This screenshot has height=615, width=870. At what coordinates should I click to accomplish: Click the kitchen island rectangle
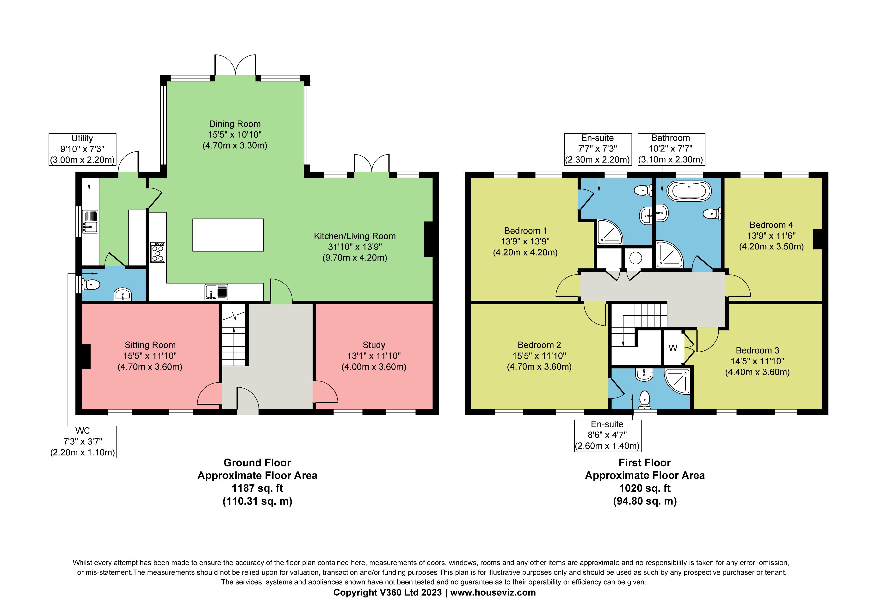coord(228,235)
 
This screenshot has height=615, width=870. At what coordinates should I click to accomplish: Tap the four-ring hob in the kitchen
coord(158,252)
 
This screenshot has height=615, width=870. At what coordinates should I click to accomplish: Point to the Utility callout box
coord(82,149)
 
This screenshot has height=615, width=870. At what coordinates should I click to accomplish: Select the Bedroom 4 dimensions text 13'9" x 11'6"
coord(771,236)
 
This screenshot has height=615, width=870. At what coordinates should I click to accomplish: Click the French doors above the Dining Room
coord(235,65)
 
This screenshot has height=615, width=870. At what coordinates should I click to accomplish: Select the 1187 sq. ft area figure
coord(257,488)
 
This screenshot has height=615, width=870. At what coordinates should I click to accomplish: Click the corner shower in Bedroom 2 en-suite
coord(678,381)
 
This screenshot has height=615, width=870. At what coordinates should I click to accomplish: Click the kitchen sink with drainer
coord(216,292)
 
